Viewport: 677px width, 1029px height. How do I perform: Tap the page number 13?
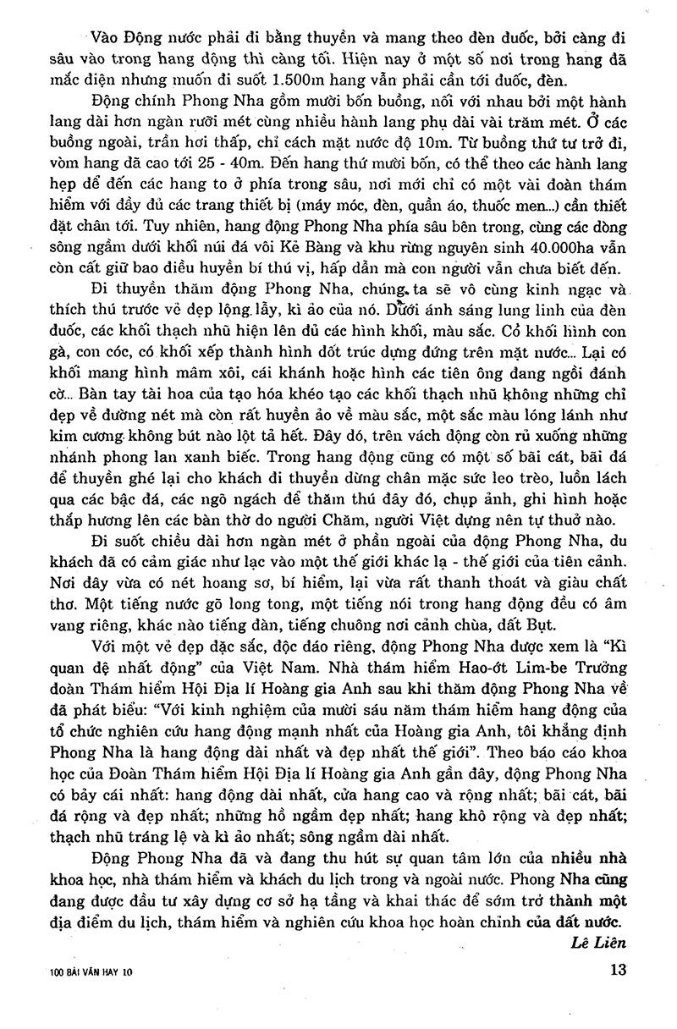point(617,971)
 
